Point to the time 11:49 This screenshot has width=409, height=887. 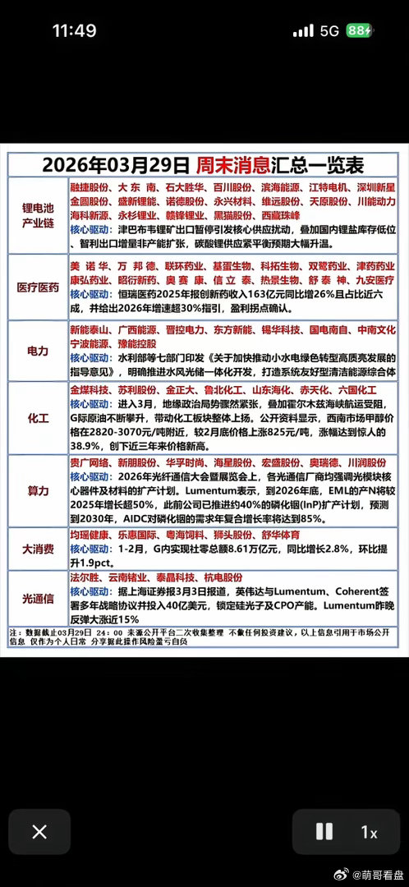(x=74, y=31)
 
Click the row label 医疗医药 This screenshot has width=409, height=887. (x=38, y=288)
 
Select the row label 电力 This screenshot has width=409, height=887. (x=38, y=351)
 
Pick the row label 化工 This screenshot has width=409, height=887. (x=38, y=416)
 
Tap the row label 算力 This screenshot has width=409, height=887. (x=38, y=490)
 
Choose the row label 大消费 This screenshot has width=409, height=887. (x=38, y=549)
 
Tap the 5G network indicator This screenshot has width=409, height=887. (x=330, y=31)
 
